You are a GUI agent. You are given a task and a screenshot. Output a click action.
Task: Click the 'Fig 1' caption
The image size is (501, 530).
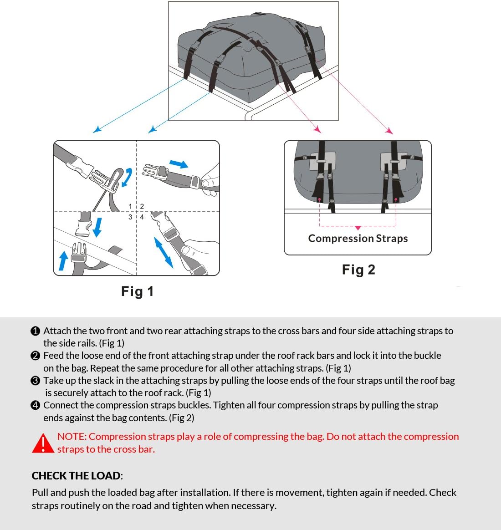[137, 291]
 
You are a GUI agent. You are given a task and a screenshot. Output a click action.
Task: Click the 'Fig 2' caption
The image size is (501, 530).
[358, 270]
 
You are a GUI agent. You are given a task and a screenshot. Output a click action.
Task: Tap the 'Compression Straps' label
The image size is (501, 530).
[358, 239]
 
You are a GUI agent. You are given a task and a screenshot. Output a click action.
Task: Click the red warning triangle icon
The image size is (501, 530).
[43, 443]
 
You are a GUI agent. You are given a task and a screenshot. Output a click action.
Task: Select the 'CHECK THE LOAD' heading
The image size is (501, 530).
[76, 476]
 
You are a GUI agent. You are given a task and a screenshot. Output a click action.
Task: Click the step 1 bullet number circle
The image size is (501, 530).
[36, 331]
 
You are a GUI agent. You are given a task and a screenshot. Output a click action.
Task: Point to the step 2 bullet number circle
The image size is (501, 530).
[36, 356]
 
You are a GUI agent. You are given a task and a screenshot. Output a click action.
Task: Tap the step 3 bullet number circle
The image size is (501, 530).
[36, 381]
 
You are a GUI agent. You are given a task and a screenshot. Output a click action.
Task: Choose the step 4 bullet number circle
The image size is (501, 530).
[36, 405]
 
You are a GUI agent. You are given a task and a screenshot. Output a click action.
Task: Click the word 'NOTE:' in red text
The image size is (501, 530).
[72, 437]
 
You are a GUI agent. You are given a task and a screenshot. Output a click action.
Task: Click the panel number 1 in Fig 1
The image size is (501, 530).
[130, 207]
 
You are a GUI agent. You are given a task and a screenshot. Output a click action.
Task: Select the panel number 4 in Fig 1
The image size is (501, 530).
[142, 217]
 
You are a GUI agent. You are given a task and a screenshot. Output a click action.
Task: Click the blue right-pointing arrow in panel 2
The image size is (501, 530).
[179, 164]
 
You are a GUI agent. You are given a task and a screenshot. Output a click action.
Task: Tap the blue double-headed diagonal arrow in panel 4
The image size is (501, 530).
[164, 252]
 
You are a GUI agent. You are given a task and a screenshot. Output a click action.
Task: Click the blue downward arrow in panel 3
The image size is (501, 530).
[97, 227]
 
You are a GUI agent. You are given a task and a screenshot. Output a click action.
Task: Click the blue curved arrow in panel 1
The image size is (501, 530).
[127, 177]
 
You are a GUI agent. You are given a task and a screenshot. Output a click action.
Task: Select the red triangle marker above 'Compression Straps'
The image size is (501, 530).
[358, 228]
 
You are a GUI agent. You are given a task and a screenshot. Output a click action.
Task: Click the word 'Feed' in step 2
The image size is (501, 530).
[54, 356]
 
